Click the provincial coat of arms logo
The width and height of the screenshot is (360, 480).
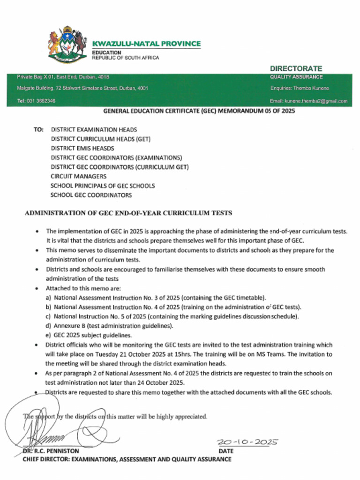[x=67, y=45]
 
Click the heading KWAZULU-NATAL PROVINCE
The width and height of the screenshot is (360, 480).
[x=146, y=44]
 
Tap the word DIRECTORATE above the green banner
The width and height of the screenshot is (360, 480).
[x=296, y=68]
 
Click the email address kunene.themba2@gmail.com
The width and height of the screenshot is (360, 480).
[x=308, y=101]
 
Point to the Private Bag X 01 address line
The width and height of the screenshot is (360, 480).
[x=63, y=77]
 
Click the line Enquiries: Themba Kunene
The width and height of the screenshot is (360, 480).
[x=300, y=88]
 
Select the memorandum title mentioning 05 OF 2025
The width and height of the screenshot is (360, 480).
[x=199, y=111]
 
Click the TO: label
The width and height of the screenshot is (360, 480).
[x=38, y=129]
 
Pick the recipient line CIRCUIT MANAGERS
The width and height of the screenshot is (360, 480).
[x=78, y=176]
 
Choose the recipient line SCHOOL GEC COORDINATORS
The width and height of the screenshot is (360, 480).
[x=91, y=195]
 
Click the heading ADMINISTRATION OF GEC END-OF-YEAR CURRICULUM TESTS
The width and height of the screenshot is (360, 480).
[x=128, y=213]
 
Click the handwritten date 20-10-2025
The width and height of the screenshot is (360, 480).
[x=247, y=442]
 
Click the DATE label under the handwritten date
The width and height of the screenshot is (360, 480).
[x=226, y=451]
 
